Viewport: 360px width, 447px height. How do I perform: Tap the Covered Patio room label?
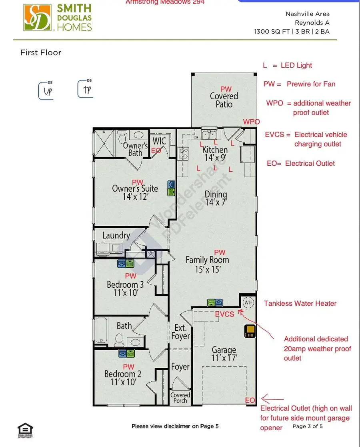224,100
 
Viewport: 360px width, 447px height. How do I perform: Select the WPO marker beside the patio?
251,122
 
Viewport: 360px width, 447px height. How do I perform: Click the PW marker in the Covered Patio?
226,88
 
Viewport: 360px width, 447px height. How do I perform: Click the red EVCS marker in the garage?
224,314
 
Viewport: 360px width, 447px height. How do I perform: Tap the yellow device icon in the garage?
250,332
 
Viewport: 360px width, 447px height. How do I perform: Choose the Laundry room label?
116,235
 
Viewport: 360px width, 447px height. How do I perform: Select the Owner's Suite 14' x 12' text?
135,192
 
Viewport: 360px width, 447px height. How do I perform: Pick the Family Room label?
207,264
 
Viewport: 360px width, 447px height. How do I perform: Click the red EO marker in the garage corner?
250,400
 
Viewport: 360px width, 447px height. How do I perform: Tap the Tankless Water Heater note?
300,303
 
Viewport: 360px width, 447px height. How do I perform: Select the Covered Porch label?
180,398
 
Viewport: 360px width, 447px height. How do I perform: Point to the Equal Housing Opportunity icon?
25,431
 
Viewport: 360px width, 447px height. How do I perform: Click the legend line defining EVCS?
306,139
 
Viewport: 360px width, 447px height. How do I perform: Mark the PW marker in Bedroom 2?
128,367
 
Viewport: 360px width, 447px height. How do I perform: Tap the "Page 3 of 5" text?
308,426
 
